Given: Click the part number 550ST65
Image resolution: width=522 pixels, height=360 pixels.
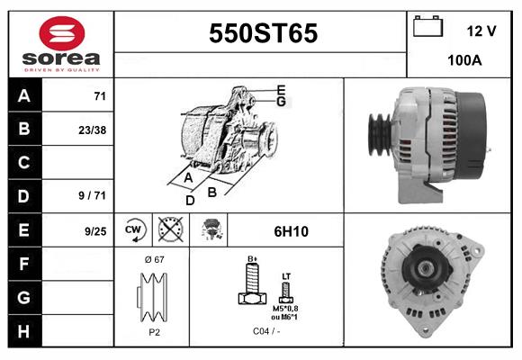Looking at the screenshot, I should [263, 34].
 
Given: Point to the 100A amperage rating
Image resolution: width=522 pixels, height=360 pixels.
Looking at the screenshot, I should [465, 61].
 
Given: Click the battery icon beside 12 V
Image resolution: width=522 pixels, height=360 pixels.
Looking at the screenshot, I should [427, 28].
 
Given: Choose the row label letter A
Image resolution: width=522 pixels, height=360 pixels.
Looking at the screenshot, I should [24, 96].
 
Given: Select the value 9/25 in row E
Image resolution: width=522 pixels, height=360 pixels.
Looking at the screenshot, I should [94, 230].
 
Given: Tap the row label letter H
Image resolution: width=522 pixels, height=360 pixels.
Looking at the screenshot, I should [24, 330].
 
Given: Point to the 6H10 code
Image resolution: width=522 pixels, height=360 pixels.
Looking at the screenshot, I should [290, 231].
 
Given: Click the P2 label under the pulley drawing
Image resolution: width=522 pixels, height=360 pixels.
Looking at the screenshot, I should [153, 331].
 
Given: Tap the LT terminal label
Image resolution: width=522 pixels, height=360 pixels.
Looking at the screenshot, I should [287, 275].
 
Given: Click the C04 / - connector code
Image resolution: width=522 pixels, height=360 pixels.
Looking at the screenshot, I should [266, 331].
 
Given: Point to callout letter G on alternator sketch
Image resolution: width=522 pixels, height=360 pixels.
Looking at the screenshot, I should [281, 102].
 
